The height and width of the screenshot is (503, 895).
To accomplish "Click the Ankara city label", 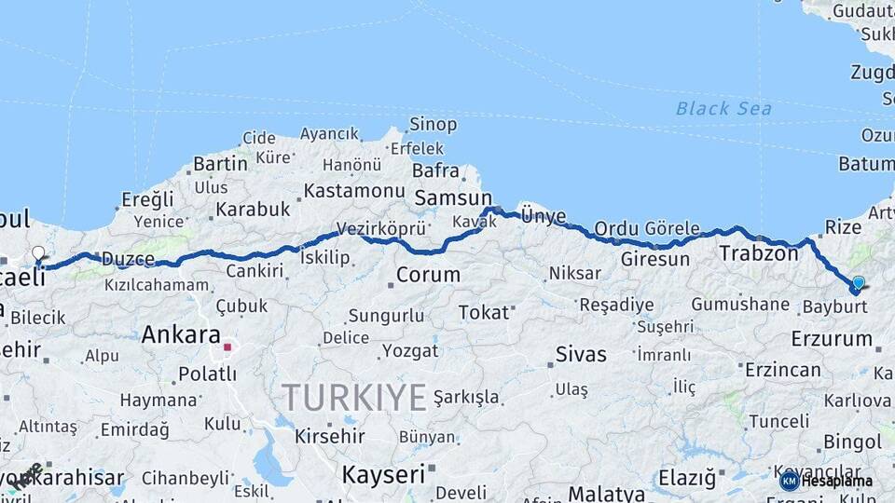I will (181, 335).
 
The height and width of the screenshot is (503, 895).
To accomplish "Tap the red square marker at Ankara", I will (227, 347).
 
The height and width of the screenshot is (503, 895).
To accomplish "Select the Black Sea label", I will (723, 109).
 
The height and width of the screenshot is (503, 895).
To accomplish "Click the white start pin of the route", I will (38, 253).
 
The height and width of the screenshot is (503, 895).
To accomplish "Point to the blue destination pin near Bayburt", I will (858, 283).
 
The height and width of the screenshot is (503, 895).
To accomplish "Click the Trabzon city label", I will (758, 252).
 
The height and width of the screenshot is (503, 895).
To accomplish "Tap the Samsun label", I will (452, 197).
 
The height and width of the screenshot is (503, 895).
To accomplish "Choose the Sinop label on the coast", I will (434, 125).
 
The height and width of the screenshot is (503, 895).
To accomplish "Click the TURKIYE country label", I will (354, 398).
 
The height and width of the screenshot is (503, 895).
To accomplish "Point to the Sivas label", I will (580, 354).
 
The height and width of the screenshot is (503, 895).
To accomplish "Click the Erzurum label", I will (832, 339).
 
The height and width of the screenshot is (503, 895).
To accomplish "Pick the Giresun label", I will (654, 259).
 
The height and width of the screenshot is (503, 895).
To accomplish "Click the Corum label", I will (428, 275).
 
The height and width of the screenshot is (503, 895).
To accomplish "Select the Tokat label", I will (483, 313).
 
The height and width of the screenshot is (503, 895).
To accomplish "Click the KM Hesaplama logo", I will (826, 481).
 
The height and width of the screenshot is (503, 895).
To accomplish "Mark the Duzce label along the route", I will (127, 259).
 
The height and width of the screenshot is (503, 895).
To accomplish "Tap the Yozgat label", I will (409, 351).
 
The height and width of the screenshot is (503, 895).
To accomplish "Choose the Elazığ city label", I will (687, 479).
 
